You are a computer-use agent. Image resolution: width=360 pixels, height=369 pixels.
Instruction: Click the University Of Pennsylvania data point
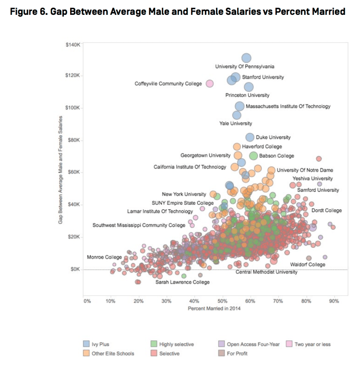(246, 58)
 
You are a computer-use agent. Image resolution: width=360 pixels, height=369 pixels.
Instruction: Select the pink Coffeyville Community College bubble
(209, 83)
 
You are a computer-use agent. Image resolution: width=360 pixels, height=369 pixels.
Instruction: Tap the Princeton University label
(247, 95)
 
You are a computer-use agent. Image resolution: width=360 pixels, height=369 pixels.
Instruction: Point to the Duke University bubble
(250, 137)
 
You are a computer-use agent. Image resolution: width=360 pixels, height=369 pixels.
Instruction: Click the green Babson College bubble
(253, 155)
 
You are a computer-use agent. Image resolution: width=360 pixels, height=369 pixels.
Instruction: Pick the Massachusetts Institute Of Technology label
(288, 107)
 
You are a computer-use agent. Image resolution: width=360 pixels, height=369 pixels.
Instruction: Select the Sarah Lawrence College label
(182, 282)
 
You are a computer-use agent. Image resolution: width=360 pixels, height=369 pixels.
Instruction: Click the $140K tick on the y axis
(72, 44)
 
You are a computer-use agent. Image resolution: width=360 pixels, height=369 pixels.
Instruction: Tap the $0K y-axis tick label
(74, 269)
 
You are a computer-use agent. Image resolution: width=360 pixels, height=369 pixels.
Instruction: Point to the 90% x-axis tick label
(334, 301)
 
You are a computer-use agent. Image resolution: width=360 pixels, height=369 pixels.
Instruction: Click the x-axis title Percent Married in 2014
(214, 308)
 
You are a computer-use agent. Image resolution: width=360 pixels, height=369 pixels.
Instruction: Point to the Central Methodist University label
(266, 272)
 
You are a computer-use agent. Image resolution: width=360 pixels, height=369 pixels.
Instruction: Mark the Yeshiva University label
(312, 178)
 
